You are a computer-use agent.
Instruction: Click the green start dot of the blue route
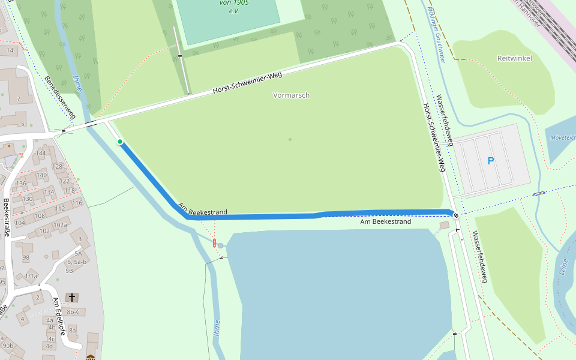point(120,142)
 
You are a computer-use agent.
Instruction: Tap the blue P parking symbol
point(491,161)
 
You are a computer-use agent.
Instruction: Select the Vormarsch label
point(291,95)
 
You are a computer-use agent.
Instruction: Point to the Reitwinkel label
point(514,58)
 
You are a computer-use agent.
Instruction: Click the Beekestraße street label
point(7,217)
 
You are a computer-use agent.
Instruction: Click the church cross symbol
point(72,298)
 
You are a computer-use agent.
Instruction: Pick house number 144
point(40,154)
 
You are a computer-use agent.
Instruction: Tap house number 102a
point(60,225)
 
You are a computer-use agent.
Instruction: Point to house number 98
point(26,257)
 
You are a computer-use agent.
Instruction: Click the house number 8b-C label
point(73,312)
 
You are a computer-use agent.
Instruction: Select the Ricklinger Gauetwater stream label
point(436,35)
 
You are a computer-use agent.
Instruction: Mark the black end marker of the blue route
point(456,215)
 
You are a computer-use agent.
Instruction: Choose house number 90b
point(8,346)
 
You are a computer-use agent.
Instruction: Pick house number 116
point(77,203)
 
